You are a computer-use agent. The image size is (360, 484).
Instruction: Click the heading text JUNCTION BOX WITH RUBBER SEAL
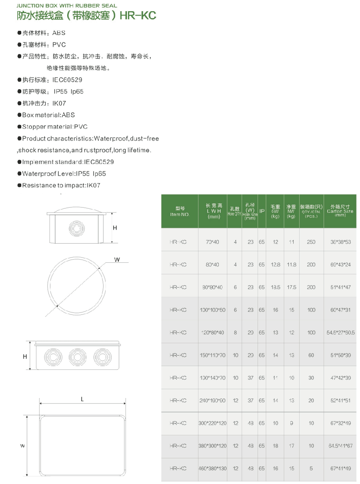tap(66, 6)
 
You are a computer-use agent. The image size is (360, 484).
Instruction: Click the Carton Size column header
tap(340, 211)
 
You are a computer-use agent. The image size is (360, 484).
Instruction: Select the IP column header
tap(262, 211)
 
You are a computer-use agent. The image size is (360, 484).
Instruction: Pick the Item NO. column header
tap(180, 211)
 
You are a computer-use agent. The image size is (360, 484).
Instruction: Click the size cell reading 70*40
tap(212, 242)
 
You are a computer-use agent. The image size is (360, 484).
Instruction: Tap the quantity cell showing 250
tap(311, 242)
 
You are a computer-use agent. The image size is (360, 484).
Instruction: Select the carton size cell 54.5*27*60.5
tap(340, 333)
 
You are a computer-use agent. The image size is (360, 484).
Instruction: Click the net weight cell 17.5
tap(291, 287)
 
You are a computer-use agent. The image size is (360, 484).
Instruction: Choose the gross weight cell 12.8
tap(275, 265)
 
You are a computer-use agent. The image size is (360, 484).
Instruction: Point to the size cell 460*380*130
tap(212, 468)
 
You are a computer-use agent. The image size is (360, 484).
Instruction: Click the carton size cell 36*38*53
tap(340, 242)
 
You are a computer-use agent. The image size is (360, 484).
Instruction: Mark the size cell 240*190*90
tap(212, 400)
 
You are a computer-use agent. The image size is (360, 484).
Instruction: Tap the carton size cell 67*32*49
tap(340, 423)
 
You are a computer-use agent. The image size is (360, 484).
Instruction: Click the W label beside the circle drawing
tap(117, 260)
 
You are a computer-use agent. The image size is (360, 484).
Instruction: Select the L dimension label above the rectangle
tap(82, 399)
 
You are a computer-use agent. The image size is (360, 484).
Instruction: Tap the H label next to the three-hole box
tap(24, 356)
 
